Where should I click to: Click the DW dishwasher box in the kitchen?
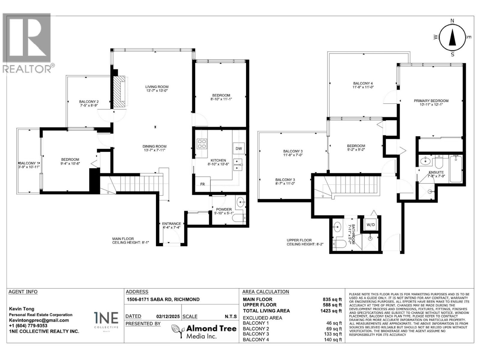[238, 148]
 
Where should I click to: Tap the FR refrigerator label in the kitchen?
[203, 184]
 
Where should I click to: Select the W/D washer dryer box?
[371, 225]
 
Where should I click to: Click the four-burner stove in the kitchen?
[202, 144]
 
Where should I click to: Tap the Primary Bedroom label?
[431, 103]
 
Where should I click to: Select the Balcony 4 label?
[363, 85]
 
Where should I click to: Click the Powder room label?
[224, 211]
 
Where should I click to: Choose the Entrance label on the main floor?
[171, 225]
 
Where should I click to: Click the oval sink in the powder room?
[241, 202]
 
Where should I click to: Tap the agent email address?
[39, 320]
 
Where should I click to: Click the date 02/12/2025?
[168, 316]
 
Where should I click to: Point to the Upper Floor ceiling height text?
[305, 242]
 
